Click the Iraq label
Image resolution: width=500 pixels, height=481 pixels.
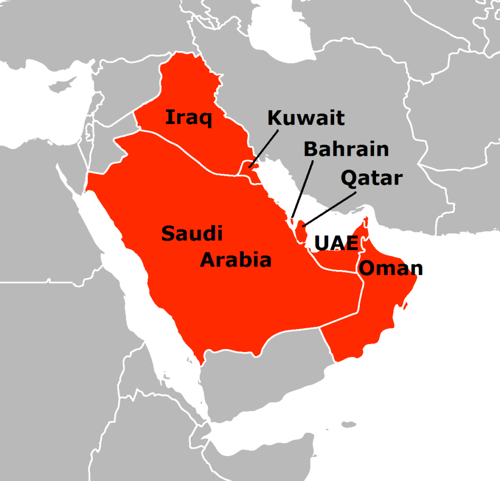click(188, 118)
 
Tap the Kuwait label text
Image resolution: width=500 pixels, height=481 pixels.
click(306, 118)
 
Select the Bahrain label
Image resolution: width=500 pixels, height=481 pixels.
click(346, 149)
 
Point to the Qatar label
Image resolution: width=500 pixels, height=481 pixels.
click(371, 178)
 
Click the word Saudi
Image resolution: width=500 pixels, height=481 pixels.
click(192, 234)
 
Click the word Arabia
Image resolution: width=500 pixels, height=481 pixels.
click(236, 260)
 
